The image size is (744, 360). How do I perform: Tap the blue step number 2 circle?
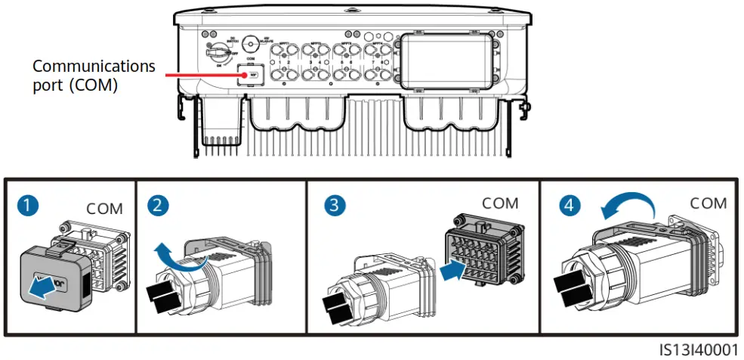click(158, 206)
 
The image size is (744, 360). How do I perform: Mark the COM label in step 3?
click(501, 203)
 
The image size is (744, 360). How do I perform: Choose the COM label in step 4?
click(708, 203)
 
